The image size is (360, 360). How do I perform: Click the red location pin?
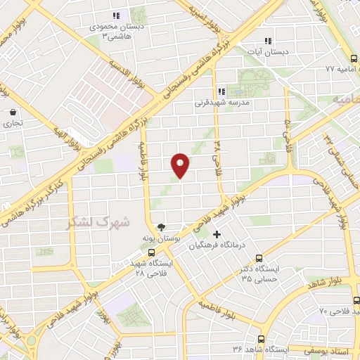tap(181, 165)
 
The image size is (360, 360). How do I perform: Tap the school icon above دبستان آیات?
tap(267, 41)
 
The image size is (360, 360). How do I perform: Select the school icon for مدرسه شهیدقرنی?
tap(221, 91)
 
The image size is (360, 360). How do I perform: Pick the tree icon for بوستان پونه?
tap(162, 227)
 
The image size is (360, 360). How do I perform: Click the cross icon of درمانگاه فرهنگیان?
tap(217, 234)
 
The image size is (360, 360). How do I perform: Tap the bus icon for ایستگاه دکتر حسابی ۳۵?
tap(259, 258)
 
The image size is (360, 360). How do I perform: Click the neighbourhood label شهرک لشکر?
tap(98, 222)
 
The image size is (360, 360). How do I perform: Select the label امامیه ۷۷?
tap(341, 69)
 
